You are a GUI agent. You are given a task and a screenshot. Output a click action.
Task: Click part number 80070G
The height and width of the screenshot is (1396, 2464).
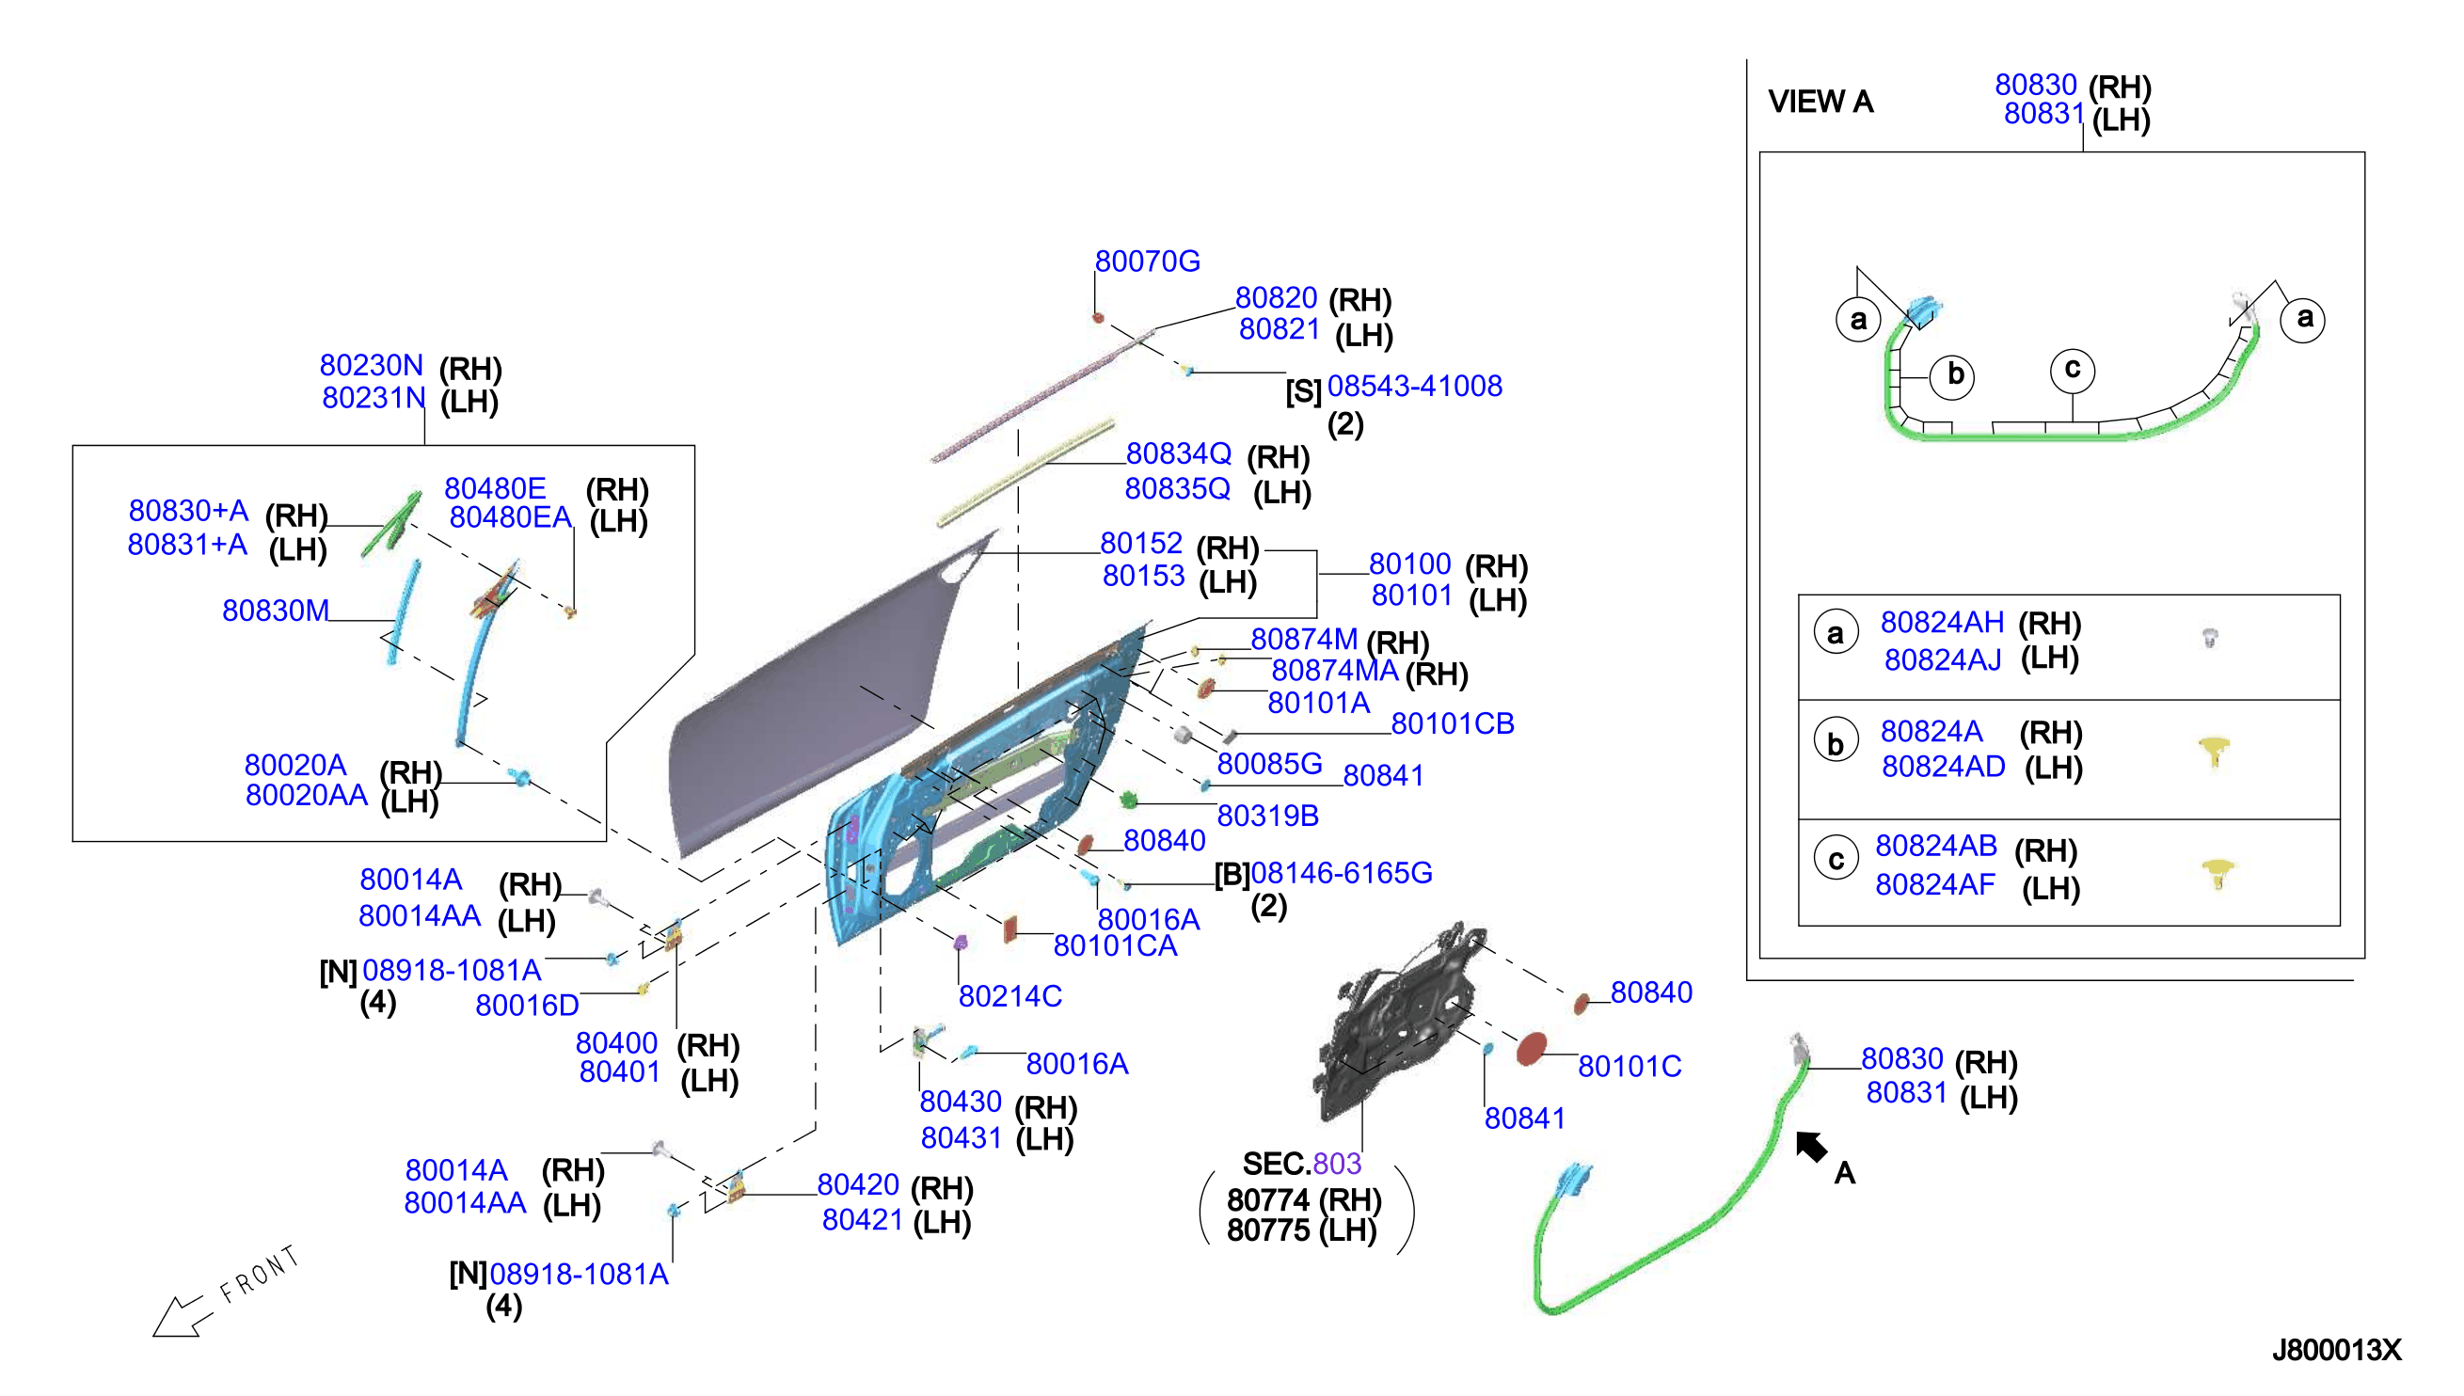pyautogui.click(x=1147, y=261)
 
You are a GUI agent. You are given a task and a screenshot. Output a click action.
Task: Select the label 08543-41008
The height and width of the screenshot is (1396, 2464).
pyautogui.click(x=1414, y=386)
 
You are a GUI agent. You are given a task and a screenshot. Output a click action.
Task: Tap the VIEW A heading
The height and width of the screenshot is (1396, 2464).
pyautogui.click(x=1820, y=102)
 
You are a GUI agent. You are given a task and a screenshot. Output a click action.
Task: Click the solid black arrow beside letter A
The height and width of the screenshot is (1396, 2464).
pyautogui.click(x=1810, y=1146)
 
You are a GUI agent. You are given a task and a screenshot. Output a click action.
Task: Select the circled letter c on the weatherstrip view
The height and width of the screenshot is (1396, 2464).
pyautogui.click(x=2072, y=370)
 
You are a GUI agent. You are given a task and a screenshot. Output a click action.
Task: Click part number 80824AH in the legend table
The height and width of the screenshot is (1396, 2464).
pyautogui.click(x=1942, y=622)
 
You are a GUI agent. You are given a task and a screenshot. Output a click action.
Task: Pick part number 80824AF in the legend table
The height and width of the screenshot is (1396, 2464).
pyautogui.click(x=1934, y=884)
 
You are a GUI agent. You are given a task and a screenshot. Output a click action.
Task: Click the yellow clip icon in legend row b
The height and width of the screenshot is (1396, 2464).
pyautogui.click(x=2213, y=751)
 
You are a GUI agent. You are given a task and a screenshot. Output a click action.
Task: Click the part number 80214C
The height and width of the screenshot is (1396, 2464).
pyautogui.click(x=1009, y=996)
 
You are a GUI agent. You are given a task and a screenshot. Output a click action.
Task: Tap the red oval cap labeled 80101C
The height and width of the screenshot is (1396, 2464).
pyautogui.click(x=1531, y=1049)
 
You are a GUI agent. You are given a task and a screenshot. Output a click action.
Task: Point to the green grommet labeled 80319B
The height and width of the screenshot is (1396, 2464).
pyautogui.click(x=1128, y=799)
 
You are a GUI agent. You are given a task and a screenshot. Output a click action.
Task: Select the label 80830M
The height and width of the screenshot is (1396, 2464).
pyautogui.click(x=275, y=611)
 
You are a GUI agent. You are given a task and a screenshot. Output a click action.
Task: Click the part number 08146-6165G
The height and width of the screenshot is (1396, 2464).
pyautogui.click(x=1342, y=873)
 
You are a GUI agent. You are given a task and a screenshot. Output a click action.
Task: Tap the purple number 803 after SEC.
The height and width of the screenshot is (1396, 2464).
pyautogui.click(x=1338, y=1163)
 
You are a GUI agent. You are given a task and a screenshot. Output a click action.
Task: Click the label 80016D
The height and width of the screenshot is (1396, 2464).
pyautogui.click(x=526, y=1005)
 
